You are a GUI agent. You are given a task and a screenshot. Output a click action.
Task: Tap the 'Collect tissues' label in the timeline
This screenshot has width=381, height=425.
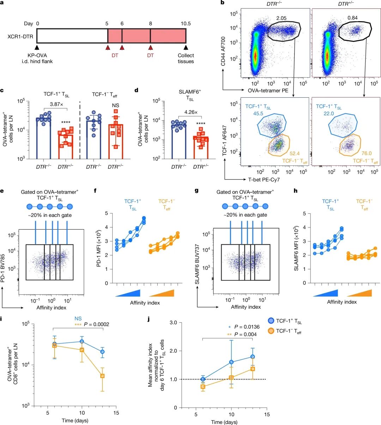click(186, 58)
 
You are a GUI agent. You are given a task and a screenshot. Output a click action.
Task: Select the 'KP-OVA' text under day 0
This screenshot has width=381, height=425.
click(37, 55)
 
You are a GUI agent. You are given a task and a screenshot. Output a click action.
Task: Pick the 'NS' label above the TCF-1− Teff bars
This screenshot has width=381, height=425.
click(115, 105)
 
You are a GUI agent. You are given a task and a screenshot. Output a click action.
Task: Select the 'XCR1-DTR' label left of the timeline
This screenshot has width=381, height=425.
click(19, 36)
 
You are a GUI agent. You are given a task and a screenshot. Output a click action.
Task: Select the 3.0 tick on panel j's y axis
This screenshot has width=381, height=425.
click(173, 322)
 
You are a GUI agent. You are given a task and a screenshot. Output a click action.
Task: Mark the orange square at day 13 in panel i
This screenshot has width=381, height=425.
click(102, 376)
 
